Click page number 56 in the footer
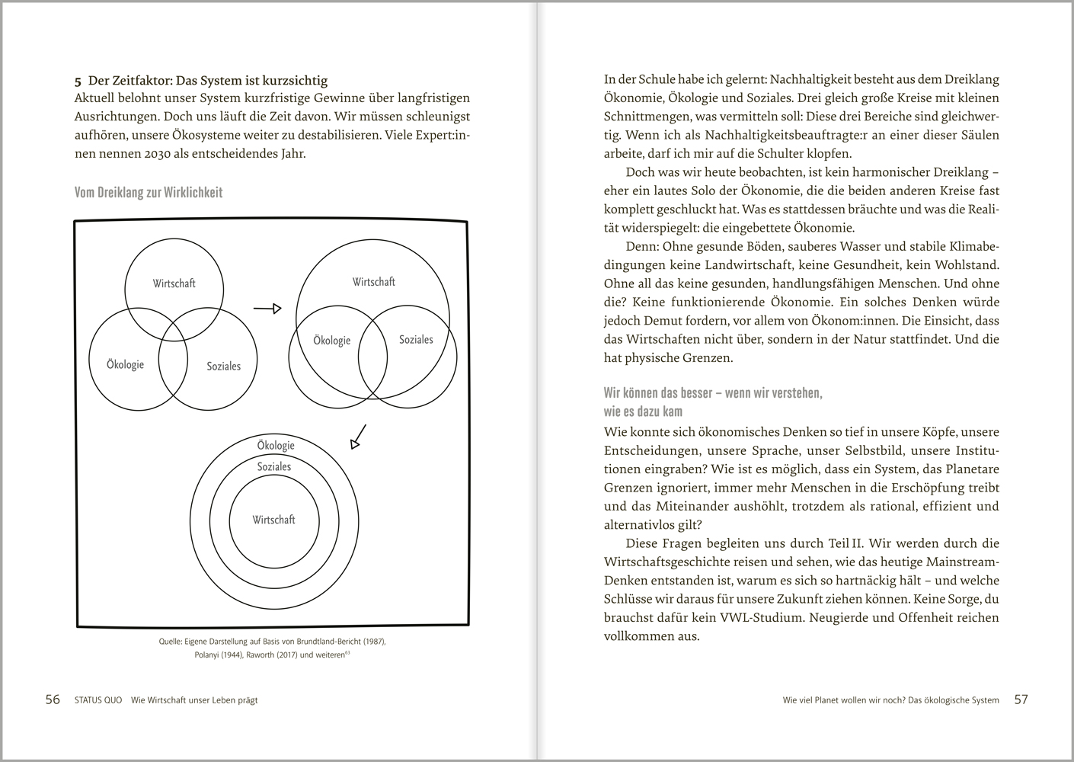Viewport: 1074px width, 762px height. point(53,700)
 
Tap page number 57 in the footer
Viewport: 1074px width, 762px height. point(1021,700)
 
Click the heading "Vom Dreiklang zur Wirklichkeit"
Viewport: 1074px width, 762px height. point(149,193)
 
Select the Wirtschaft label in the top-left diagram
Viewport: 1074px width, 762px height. point(174,283)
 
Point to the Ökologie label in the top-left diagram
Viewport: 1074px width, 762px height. point(126,364)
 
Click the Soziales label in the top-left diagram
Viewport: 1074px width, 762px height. point(223,367)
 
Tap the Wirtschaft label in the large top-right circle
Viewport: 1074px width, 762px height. point(373,282)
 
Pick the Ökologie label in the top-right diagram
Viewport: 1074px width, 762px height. point(332,341)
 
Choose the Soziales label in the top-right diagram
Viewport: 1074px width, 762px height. point(416,340)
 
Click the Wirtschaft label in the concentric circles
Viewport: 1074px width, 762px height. point(273,520)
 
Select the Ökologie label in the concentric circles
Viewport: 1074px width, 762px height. point(275,446)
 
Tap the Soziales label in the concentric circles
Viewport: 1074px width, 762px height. point(273,466)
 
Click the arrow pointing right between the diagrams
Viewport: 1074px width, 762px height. point(267,309)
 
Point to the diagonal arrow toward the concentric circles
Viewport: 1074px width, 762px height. point(357,437)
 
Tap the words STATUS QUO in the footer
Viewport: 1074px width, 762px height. point(98,700)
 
